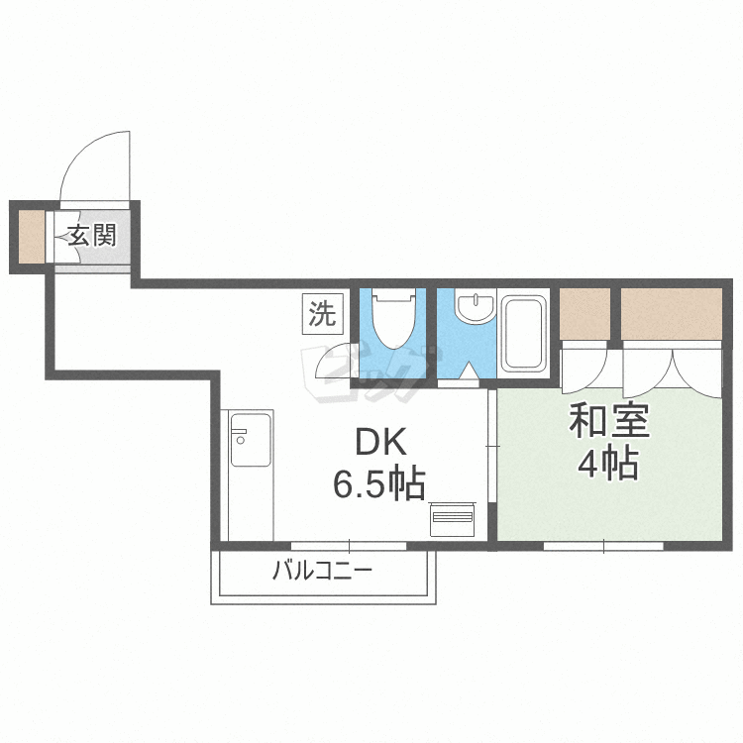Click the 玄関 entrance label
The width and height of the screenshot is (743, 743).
pyautogui.click(x=92, y=236)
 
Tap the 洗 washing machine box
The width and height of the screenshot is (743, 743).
pyautogui.click(x=323, y=314)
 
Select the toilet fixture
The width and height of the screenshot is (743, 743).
pyautogui.click(x=393, y=320)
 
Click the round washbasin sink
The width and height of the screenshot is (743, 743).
pyautogui.click(x=475, y=307)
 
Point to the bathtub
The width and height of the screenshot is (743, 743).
pyautogui.click(x=524, y=333)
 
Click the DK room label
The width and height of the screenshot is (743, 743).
pyautogui.click(x=380, y=442)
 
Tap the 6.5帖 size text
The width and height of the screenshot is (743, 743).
pyautogui.click(x=378, y=484)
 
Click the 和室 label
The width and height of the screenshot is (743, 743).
pyautogui.click(x=608, y=421)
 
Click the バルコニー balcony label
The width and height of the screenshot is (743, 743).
pyautogui.click(x=322, y=571)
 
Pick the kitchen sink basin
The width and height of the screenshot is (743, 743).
pyautogui.click(x=251, y=439)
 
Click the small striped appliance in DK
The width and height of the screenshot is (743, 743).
pyautogui.click(x=452, y=519)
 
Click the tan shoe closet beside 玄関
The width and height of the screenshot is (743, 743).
pyautogui.click(x=32, y=237)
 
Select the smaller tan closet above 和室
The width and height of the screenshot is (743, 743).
pyautogui.click(x=584, y=314)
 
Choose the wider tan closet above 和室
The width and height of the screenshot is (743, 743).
pyautogui.click(x=672, y=314)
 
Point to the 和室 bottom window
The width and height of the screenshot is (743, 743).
pyautogui.click(x=603, y=546)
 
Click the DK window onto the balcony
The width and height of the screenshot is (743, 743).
pyautogui.click(x=349, y=546)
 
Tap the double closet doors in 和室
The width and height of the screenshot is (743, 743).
pyautogui.click(x=672, y=374)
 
